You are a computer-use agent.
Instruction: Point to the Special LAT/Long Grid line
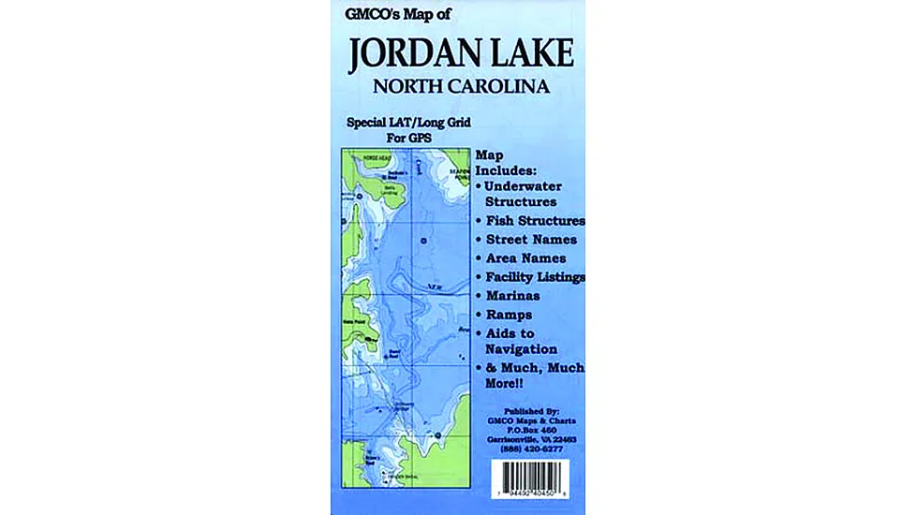click(409, 123)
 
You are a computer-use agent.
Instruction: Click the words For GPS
click(410, 138)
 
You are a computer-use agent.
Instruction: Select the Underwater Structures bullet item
click(527, 194)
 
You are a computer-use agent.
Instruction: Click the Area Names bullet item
click(526, 258)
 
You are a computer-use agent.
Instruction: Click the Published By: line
click(530, 411)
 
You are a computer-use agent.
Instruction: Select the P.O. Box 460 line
click(530, 429)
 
